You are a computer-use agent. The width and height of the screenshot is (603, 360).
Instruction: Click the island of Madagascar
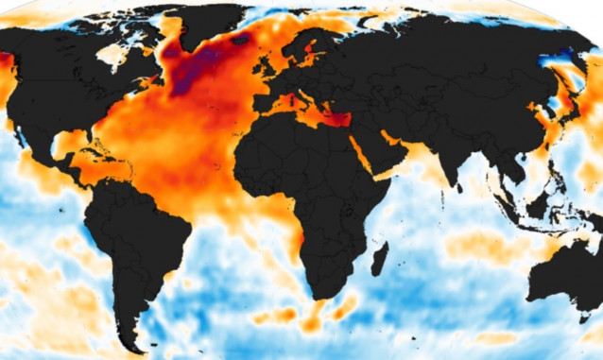click(379, 258)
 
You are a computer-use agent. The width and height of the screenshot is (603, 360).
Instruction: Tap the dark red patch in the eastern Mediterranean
click(336, 119)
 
